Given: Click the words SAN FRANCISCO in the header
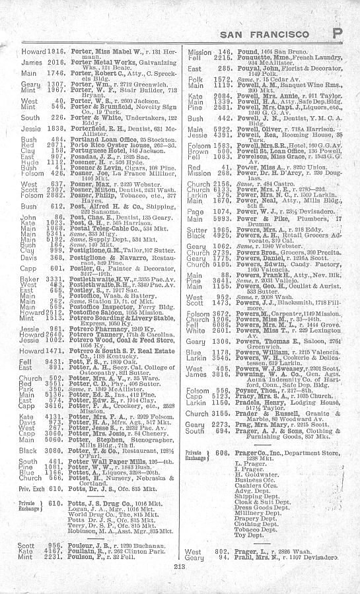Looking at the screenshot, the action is point(274,34).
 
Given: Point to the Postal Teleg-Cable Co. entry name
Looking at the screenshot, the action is point(84,226).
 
